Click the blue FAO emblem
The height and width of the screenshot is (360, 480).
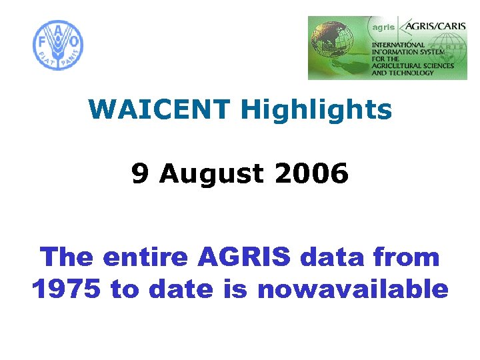(58, 45)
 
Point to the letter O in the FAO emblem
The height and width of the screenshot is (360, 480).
(74, 42)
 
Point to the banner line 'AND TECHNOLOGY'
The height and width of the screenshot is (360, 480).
(403, 73)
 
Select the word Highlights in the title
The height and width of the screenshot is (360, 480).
(316, 110)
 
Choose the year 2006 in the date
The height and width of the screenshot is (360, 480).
(311, 174)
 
